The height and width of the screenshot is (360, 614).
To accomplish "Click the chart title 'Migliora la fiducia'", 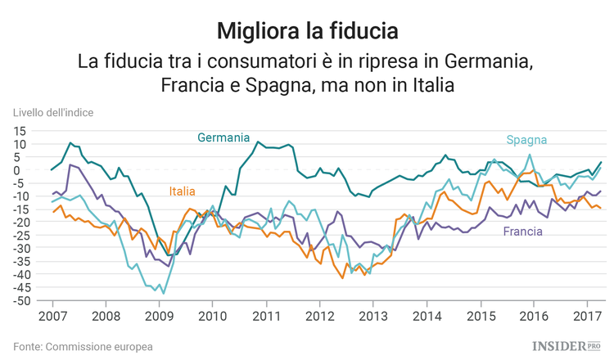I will coord(307,31).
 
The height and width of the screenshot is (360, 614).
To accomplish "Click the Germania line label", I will coord(223,137).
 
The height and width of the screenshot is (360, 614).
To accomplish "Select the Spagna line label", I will coord(526,140).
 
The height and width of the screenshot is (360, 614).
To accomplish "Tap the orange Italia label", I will coord(182,191).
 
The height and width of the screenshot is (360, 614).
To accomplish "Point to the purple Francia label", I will coord(523,232).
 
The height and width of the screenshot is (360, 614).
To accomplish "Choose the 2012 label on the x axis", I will coord(318,316).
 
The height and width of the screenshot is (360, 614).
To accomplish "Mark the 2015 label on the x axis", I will coord(480,316).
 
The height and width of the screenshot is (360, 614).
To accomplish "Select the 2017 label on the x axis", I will coord(586,316).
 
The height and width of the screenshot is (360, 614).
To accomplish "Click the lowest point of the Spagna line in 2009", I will coord(163,293).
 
